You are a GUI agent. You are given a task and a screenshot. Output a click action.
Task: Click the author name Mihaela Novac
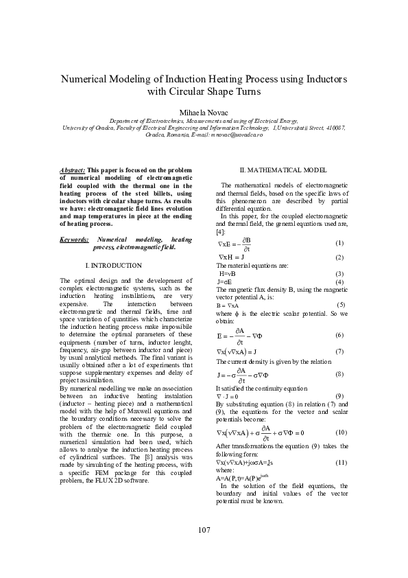pos(204,111)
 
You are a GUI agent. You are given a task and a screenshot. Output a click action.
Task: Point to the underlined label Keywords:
pos(74,239)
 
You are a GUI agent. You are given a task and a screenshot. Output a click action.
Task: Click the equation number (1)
pos(339,244)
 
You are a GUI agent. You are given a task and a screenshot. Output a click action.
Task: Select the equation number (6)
pos(339,334)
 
